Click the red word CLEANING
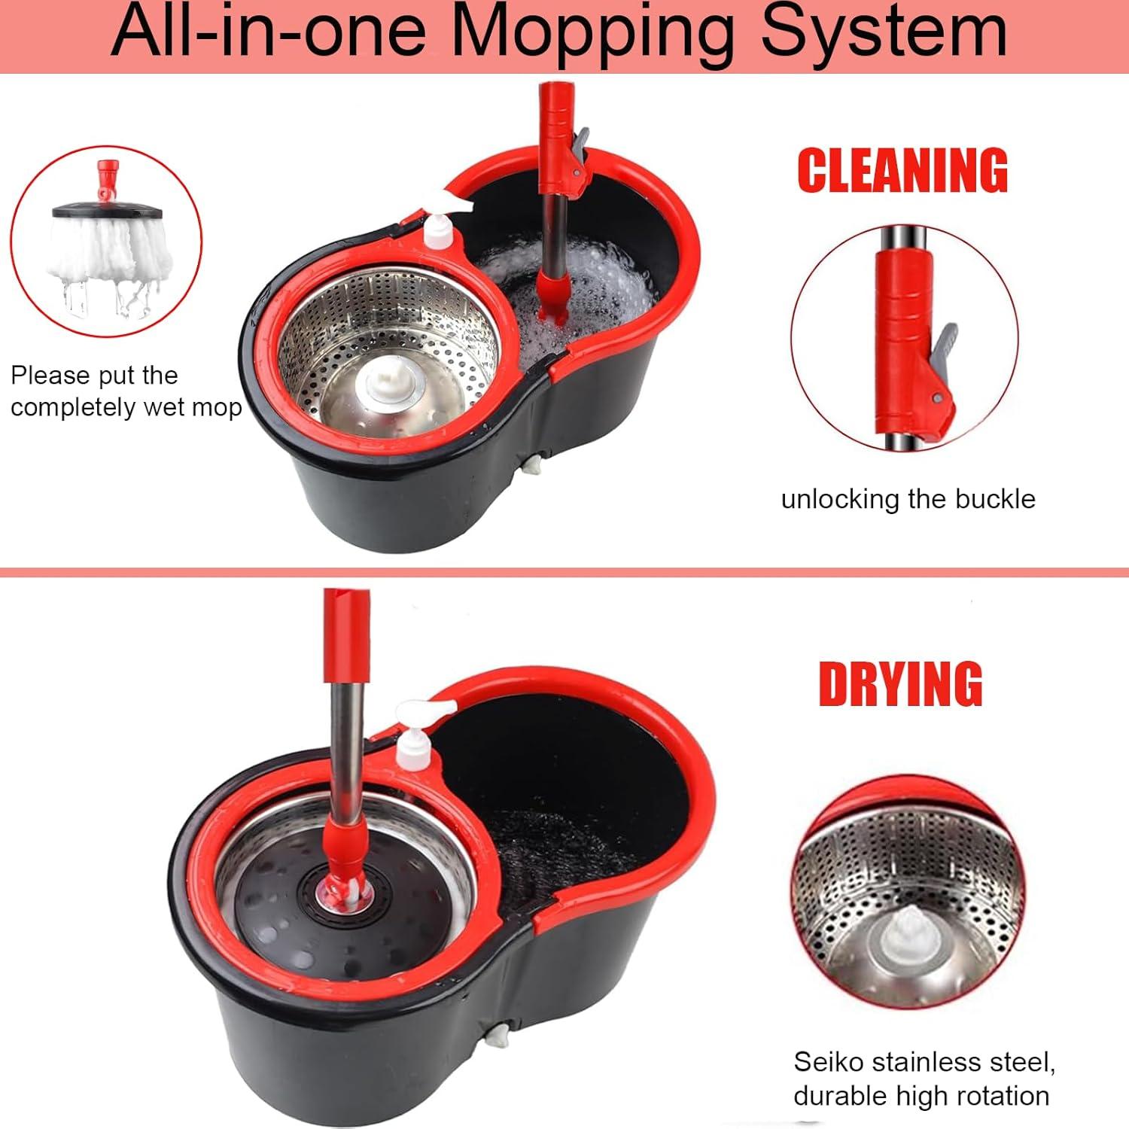click(x=902, y=170)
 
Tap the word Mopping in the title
click(x=593, y=33)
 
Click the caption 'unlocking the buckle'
click(x=908, y=499)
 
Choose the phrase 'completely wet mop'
click(x=126, y=407)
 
